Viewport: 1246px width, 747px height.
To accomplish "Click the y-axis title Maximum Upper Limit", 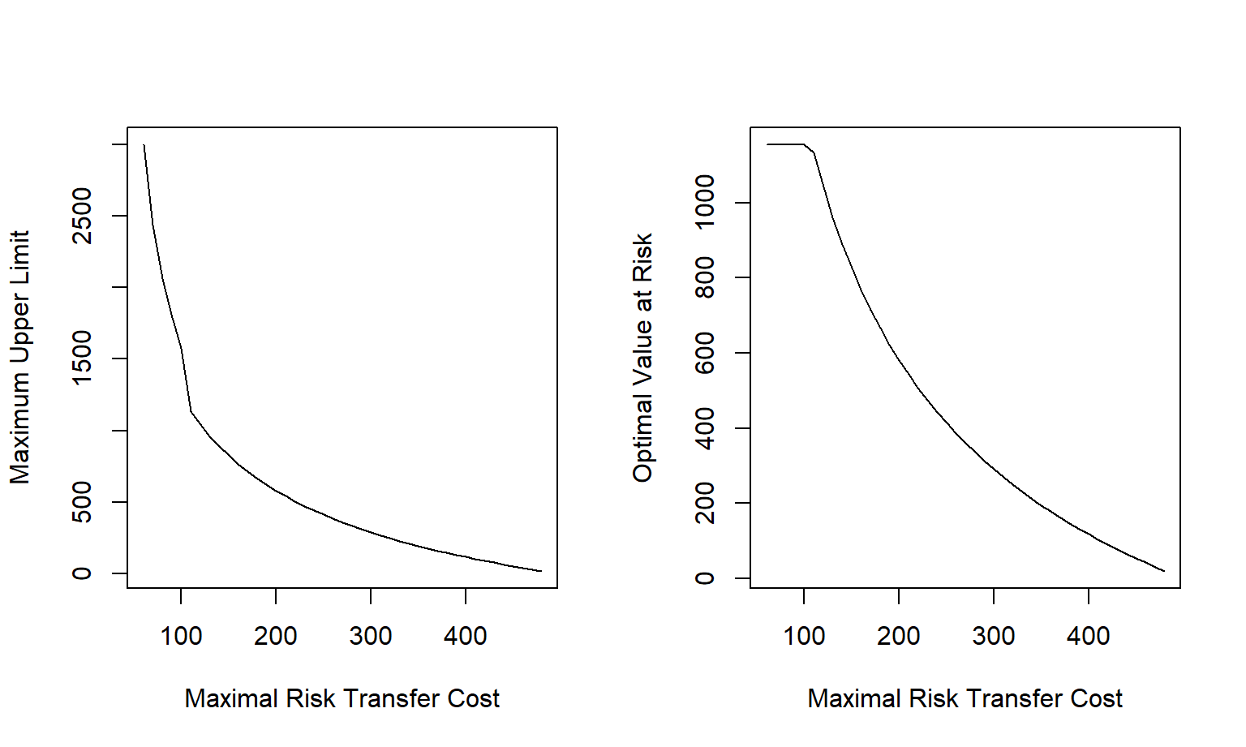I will tap(19, 357).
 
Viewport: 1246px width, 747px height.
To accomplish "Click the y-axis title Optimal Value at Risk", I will tap(642, 357).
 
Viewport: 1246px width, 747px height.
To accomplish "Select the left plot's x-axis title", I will tap(342, 698).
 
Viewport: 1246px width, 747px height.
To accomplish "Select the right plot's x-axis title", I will tap(965, 698).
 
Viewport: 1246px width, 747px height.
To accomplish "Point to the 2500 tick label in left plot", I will tap(82, 216).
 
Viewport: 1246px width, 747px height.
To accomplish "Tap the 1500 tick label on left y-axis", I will tap(82, 358).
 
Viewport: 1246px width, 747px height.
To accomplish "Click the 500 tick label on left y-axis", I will tap(82, 502).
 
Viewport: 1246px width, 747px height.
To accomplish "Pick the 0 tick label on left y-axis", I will tap(82, 573).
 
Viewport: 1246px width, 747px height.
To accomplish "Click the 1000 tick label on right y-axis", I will tap(705, 202).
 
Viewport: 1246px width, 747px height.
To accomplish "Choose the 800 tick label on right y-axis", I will tap(705, 277).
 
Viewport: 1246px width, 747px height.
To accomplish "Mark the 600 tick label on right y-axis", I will tap(705, 353).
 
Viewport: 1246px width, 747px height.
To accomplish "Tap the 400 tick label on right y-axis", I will tap(705, 428).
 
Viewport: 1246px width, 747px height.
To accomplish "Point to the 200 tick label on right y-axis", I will tap(705, 503).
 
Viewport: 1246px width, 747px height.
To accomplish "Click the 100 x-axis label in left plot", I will tap(181, 636).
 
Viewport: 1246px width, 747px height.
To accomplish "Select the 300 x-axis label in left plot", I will tap(371, 636).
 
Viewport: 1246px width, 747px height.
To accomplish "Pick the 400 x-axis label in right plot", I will tap(1089, 636).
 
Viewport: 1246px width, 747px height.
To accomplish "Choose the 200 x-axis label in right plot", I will tap(899, 636).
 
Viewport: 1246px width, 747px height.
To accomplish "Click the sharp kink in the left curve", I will tap(191, 412).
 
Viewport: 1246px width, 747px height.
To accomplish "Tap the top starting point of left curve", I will tap(144, 145).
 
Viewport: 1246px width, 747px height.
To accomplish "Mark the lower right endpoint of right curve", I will tap(1164, 571).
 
